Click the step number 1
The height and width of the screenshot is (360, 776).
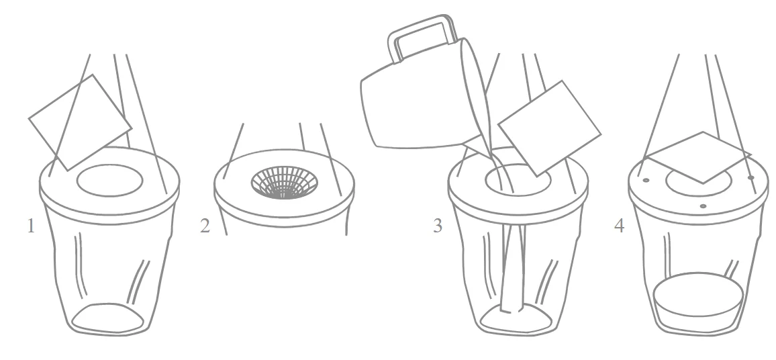(x=31, y=226)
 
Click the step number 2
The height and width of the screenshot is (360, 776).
(x=205, y=226)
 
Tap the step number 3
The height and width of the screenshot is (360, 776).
(x=438, y=226)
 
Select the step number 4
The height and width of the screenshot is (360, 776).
(x=619, y=226)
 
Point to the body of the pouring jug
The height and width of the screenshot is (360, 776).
(x=421, y=99)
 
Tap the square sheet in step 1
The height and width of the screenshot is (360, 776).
(x=80, y=122)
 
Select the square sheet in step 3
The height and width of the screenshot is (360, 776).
(x=549, y=128)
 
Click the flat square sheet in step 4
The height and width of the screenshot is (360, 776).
(x=699, y=157)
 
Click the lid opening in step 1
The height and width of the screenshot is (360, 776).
(x=110, y=180)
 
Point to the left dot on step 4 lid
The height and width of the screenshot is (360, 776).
(x=646, y=181)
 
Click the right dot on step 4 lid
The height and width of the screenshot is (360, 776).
(x=750, y=177)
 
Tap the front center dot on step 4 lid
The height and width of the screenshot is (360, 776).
(x=703, y=206)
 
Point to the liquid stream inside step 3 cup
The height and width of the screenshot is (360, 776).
(x=513, y=267)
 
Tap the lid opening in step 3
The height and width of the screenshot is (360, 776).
(x=518, y=180)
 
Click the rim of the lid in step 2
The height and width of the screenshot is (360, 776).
(x=284, y=218)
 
